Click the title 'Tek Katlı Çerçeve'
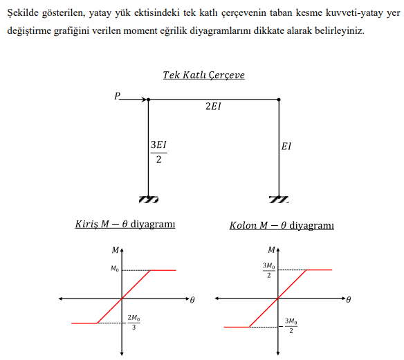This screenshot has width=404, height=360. pyautogui.click(x=203, y=75)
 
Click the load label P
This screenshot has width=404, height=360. pyautogui.click(x=118, y=96)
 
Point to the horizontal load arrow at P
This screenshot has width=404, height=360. pyautogui.click(x=134, y=100)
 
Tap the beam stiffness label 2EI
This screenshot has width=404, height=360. pyautogui.click(x=214, y=108)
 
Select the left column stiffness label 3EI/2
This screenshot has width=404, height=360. pyautogui.click(x=158, y=152)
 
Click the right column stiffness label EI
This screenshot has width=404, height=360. pyautogui.click(x=286, y=146)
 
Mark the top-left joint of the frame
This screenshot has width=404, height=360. pyautogui.click(x=149, y=100)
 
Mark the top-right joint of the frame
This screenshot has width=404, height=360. pyautogui.click(x=279, y=100)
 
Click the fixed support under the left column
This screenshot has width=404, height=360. pyautogui.click(x=149, y=199)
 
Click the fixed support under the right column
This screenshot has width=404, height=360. pyautogui.click(x=279, y=199)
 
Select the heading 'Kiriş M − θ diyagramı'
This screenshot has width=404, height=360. pyautogui.click(x=125, y=225)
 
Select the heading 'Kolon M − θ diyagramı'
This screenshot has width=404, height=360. pyautogui.click(x=282, y=225)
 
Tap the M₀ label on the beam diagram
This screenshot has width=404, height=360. pyautogui.click(x=114, y=269)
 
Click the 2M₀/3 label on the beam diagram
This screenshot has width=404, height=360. pyautogui.click(x=134, y=323)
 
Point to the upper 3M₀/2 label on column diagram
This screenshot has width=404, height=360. pyautogui.click(x=268, y=270)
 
